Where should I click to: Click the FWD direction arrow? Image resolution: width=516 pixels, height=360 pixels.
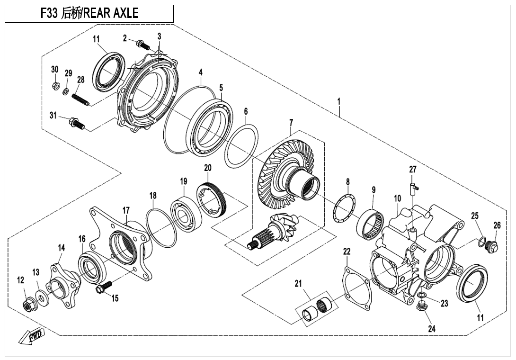pos(32,337)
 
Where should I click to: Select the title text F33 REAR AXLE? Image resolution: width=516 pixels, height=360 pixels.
pos(90,14)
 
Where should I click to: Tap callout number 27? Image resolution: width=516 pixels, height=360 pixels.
pos(413,170)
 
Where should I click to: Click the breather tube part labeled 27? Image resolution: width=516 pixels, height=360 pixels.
pos(413,188)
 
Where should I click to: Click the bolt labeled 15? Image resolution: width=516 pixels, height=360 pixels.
pos(104,287)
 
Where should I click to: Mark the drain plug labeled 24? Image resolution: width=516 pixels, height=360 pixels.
pos(420,307)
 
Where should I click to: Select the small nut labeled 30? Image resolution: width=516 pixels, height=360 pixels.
pos(55,86)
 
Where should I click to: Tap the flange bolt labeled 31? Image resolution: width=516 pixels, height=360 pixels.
pos(78,123)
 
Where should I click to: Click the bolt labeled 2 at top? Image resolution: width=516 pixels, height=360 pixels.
pos(142,45)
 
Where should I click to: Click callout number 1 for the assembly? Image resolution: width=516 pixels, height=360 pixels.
pos(338,101)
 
